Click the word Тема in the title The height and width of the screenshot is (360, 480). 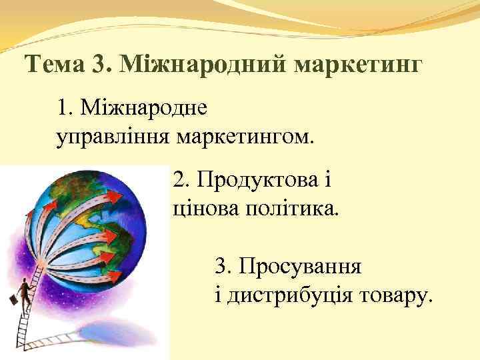(55, 65)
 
